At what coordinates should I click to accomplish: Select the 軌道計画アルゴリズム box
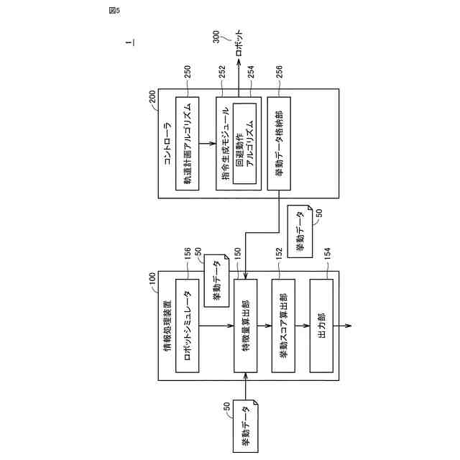pos(187,144)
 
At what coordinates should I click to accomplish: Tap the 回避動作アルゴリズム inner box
pos(245,144)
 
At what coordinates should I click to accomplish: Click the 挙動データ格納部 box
pos(278,144)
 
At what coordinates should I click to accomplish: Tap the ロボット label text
pos(239,52)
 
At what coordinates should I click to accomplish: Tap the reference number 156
pos(188,257)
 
